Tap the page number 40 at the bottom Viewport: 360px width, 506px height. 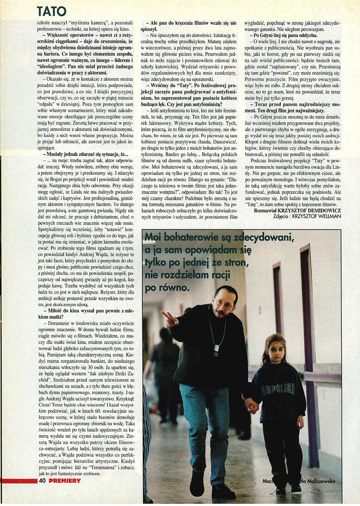tap(42, 480)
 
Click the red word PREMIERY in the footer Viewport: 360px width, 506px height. tap(64, 480)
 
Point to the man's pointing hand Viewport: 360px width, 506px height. tap(169, 318)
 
